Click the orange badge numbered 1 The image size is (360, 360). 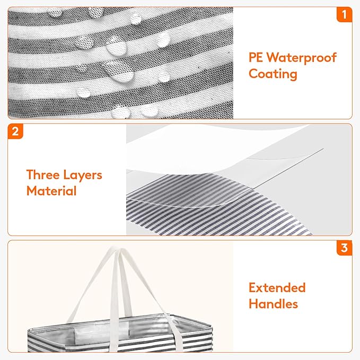(x=344, y=14)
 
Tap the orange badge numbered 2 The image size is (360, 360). (x=15, y=131)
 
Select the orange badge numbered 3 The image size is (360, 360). (x=344, y=248)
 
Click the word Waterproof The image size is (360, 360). (x=302, y=58)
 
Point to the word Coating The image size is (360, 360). (x=273, y=74)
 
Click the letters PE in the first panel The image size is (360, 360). (x=256, y=57)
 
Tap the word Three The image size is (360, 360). (x=43, y=175)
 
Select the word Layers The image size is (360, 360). (x=83, y=175)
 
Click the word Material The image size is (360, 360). (x=51, y=191)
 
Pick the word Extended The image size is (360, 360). (x=277, y=288)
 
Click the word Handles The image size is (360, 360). (x=273, y=304)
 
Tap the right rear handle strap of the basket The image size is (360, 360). (x=147, y=287)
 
